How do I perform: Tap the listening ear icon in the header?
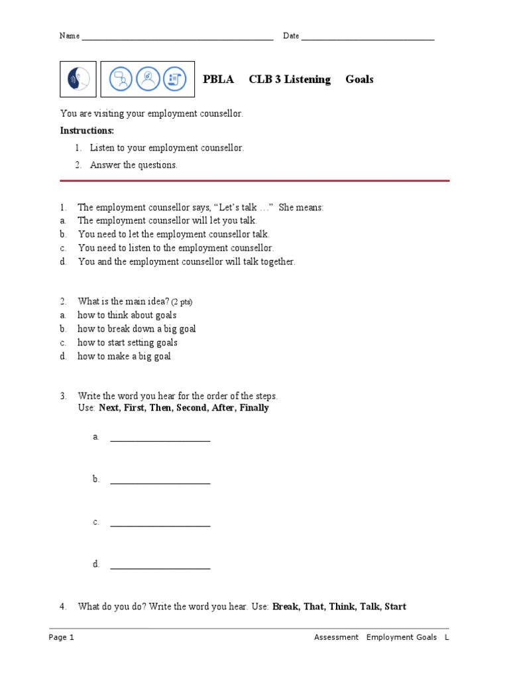78,80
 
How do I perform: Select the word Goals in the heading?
359,80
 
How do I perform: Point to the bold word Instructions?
87,131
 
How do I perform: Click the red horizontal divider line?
254,180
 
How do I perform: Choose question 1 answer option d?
186,262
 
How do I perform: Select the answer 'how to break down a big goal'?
137,329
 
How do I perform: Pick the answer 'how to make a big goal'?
124,356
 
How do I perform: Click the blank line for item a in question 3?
160,440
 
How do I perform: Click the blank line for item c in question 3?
160,525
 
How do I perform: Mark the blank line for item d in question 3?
160,568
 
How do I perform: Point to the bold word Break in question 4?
285,606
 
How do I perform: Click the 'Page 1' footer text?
62,637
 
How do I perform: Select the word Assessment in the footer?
336,637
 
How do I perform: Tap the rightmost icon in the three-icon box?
174,80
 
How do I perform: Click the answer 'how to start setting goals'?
127,343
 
